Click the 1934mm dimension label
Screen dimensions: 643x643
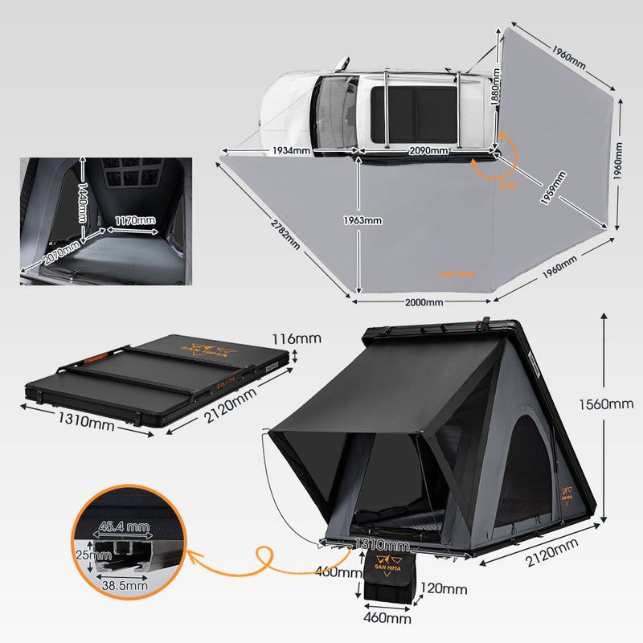tap(291, 150)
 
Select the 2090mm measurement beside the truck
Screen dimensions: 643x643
tap(428, 150)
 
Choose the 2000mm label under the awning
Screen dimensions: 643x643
tap(423, 302)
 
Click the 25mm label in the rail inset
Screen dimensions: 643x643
tap(82, 555)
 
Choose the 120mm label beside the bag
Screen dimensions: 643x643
tap(442, 589)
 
